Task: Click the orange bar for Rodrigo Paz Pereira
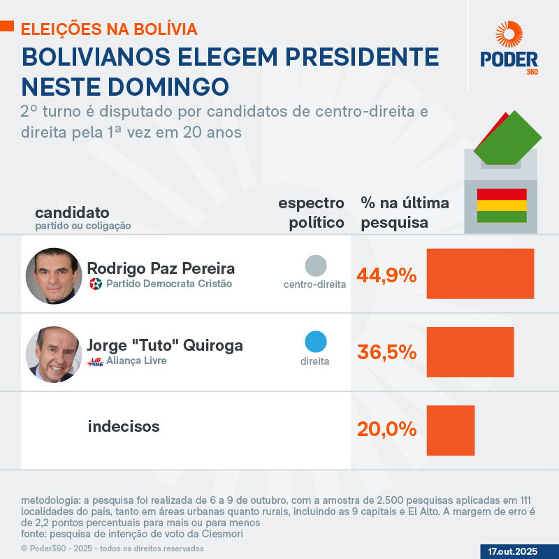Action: click(480, 274)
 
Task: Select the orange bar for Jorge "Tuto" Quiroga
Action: click(470, 352)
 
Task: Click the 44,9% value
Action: click(386, 275)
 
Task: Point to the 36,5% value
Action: click(386, 352)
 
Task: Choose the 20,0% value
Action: click(386, 429)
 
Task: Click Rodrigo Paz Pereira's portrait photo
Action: click(54, 276)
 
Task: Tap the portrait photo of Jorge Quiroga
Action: click(54, 354)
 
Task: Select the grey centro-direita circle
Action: click(316, 266)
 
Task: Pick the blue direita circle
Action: click(316, 342)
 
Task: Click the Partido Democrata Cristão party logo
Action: click(96, 284)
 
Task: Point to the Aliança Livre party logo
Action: click(95, 362)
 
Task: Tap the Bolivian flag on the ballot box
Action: click(501, 205)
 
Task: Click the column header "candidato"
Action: click(72, 212)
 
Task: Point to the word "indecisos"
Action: click(124, 426)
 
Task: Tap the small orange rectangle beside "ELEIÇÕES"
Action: click(6, 27)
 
